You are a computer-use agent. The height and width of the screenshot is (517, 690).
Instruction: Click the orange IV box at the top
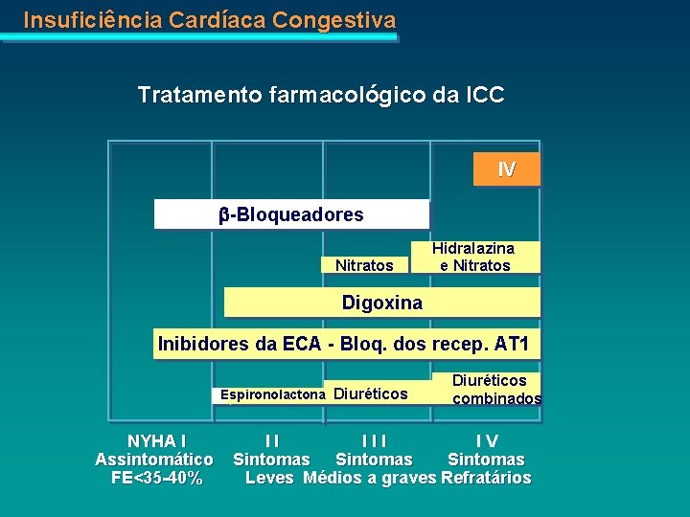pyautogui.click(x=507, y=169)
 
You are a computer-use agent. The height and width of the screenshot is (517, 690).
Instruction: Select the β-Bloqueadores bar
pyautogui.click(x=291, y=214)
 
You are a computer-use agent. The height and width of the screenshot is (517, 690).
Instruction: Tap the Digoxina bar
pyautogui.click(x=381, y=303)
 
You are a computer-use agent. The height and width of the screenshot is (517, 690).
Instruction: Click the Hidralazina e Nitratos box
pyautogui.click(x=475, y=257)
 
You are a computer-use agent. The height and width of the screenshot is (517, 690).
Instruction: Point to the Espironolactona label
pyautogui.click(x=273, y=394)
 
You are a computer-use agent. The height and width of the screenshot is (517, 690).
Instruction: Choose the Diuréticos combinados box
pyautogui.click(x=496, y=390)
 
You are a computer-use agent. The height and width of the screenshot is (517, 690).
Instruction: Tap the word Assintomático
pyautogui.click(x=154, y=460)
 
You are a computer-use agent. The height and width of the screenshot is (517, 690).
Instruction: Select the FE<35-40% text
pyautogui.click(x=156, y=478)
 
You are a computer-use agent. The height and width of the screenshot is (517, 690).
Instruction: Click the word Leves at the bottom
pyautogui.click(x=270, y=478)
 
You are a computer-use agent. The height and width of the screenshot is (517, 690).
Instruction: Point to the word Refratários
pyautogui.click(x=486, y=478)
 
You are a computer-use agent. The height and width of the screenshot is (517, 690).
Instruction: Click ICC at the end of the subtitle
pyautogui.click(x=485, y=95)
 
